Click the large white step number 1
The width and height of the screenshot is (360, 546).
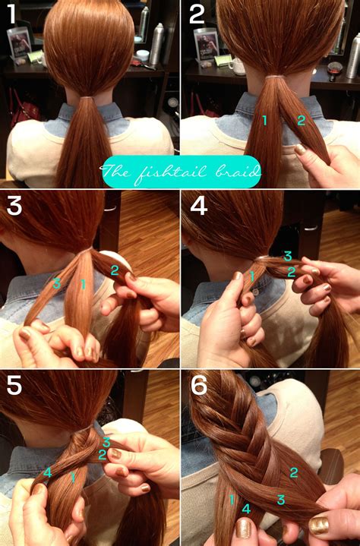pyautogui.click(x=12, y=15)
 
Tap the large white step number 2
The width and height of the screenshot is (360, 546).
pyautogui.click(x=197, y=14)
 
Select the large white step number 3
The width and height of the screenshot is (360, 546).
pyautogui.click(x=14, y=207)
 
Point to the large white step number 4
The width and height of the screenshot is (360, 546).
pyautogui.click(x=198, y=207)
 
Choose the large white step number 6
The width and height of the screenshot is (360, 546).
pyautogui.click(x=199, y=387)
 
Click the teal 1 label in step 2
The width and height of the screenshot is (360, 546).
pyautogui.click(x=265, y=120)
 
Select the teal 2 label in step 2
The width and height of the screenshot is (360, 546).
pyautogui.click(x=301, y=120)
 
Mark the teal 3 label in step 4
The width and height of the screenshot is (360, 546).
pyautogui.click(x=287, y=256)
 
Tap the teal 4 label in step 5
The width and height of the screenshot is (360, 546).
pyautogui.click(x=48, y=472)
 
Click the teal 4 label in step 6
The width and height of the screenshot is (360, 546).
pyautogui.click(x=245, y=509)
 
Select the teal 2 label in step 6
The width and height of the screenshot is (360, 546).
pyautogui.click(x=293, y=472)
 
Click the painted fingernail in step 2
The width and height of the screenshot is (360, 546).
pyautogui.click(x=299, y=150)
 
